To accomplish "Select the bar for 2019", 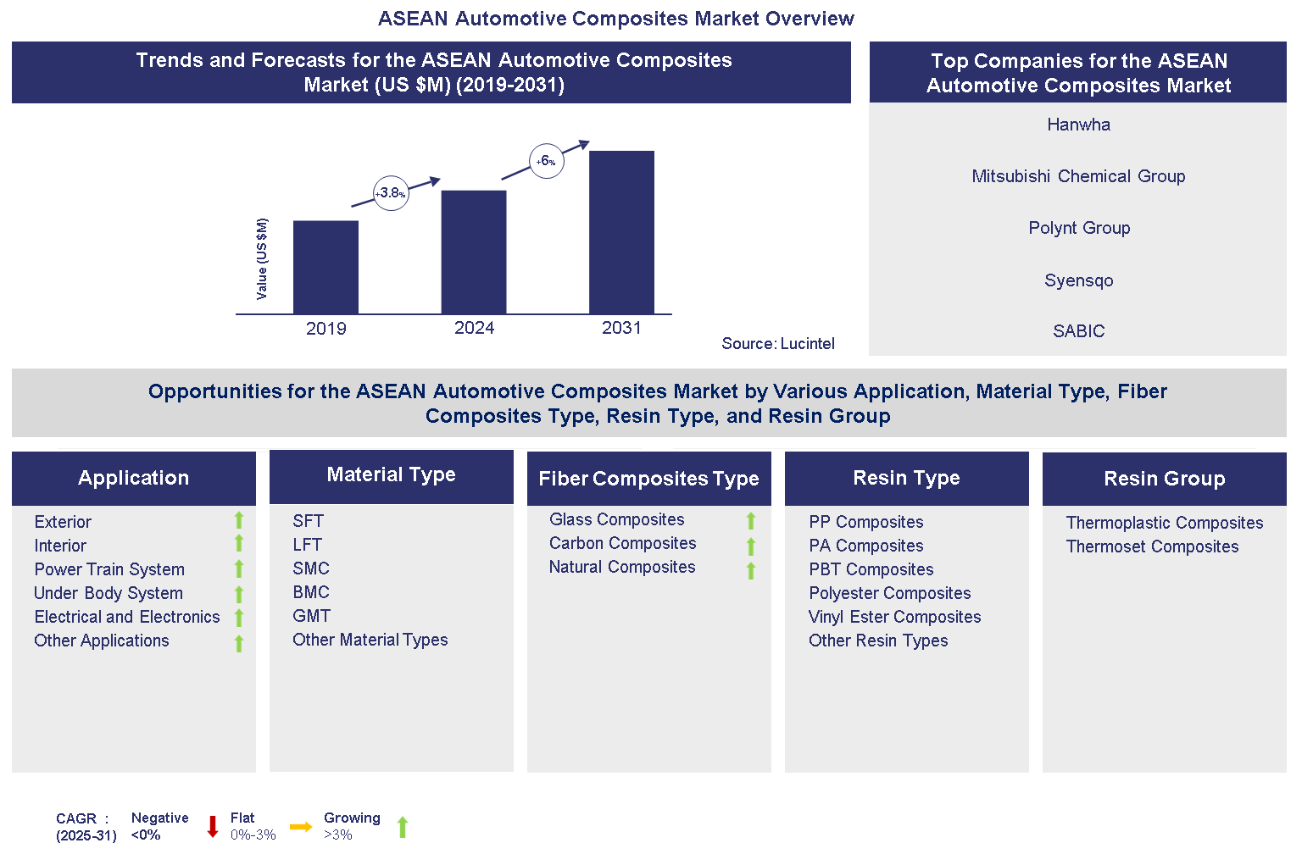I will point(325,267).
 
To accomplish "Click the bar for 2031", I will point(621,232).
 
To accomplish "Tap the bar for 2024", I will point(474,252).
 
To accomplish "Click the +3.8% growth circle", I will point(391,193).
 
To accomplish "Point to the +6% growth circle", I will point(547,161).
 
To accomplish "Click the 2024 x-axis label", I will point(474,329).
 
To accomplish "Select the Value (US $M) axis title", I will point(262,259).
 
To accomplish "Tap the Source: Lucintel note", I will point(777,343).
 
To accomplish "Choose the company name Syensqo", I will point(1078,280).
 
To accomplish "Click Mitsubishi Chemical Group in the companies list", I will point(1078,176).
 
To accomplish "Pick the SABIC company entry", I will point(1078,331).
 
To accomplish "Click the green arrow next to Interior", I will point(239,544).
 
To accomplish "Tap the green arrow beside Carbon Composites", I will point(751,546).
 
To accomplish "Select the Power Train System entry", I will point(109,569).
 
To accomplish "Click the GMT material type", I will point(311,616).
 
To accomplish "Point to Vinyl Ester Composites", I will point(894,617).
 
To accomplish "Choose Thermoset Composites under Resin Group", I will point(1152,546).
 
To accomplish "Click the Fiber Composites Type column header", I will point(648,479).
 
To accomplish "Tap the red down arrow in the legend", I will point(213,827).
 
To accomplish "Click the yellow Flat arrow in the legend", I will point(301,827).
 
